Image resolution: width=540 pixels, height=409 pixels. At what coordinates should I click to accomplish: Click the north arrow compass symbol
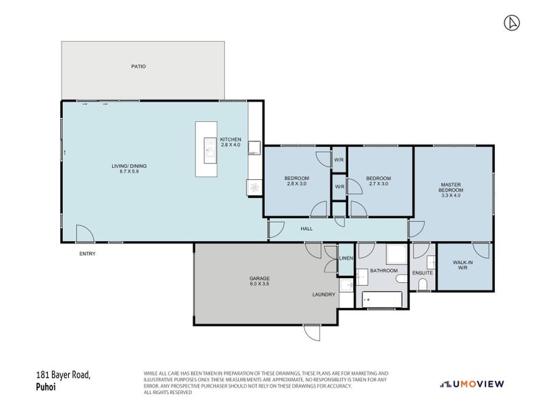coord(510,23)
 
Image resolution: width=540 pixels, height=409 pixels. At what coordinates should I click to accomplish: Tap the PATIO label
coord(139,66)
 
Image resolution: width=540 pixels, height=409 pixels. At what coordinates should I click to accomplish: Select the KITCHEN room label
coord(230,140)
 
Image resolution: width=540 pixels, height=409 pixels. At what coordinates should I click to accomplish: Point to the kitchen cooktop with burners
coord(255,185)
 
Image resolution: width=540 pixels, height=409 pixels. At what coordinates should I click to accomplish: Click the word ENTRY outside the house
coord(87,254)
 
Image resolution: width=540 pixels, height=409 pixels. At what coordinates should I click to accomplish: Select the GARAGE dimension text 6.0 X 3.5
coord(259,284)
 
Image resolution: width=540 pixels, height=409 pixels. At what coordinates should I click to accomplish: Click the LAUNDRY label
coord(324,294)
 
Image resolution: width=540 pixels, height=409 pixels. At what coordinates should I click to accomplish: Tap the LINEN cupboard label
coord(346,258)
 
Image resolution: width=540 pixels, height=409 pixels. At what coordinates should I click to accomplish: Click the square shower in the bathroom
coord(396,254)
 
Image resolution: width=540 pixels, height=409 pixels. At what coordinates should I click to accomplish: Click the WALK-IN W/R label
coord(462,265)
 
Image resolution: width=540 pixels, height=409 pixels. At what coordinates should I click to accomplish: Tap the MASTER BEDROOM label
coord(451,187)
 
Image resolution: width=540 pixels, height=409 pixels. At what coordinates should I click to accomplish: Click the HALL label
coord(307,228)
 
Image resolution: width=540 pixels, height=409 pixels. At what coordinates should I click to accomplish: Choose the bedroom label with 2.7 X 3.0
coord(378,181)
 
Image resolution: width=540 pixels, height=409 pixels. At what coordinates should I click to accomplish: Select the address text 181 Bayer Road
coord(63,375)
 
